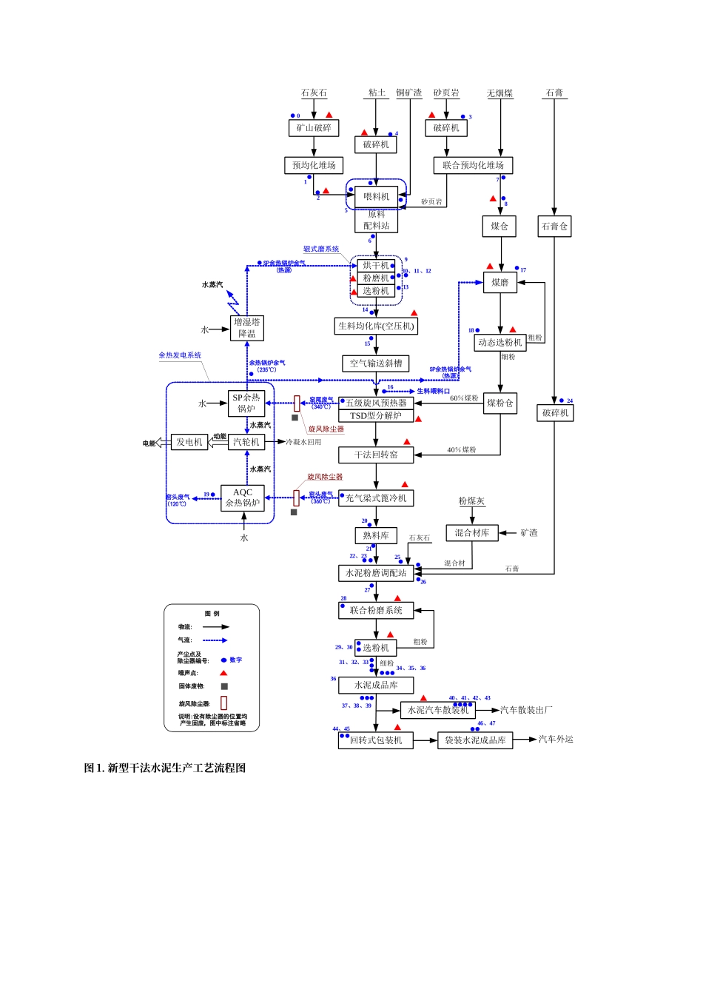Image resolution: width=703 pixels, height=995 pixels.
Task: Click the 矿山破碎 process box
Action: [314, 128]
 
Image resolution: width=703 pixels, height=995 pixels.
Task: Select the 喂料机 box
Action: [376, 197]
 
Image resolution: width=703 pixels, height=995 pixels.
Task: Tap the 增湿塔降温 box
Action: [246, 328]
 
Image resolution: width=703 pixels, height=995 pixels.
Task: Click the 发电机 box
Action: [189, 442]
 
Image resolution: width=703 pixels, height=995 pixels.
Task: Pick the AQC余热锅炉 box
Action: [243, 497]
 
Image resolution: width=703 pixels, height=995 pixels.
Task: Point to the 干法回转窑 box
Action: [376, 455]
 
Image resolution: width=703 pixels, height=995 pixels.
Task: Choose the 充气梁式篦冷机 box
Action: [376, 498]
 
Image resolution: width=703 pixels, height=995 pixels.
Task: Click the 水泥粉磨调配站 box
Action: [376, 573]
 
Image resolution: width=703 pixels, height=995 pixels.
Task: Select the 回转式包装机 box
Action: [376, 740]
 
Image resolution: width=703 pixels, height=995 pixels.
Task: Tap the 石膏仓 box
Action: [554, 227]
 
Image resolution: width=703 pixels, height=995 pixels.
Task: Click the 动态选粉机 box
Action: [500, 342]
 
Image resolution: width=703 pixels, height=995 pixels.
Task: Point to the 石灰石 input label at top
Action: [314, 93]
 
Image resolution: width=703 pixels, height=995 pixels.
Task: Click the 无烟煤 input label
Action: [499, 93]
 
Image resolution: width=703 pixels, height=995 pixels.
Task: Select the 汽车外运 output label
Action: [556, 739]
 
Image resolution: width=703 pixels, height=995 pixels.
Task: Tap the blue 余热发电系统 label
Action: [180, 355]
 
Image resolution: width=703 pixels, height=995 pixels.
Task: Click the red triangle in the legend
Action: [223, 673]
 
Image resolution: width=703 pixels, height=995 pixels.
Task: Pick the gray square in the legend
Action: [224, 686]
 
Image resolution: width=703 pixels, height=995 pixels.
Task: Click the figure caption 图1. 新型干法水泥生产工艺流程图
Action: [164, 768]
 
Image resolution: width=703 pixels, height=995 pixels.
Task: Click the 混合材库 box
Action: [472, 533]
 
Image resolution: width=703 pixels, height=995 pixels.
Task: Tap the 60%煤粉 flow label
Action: [464, 398]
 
